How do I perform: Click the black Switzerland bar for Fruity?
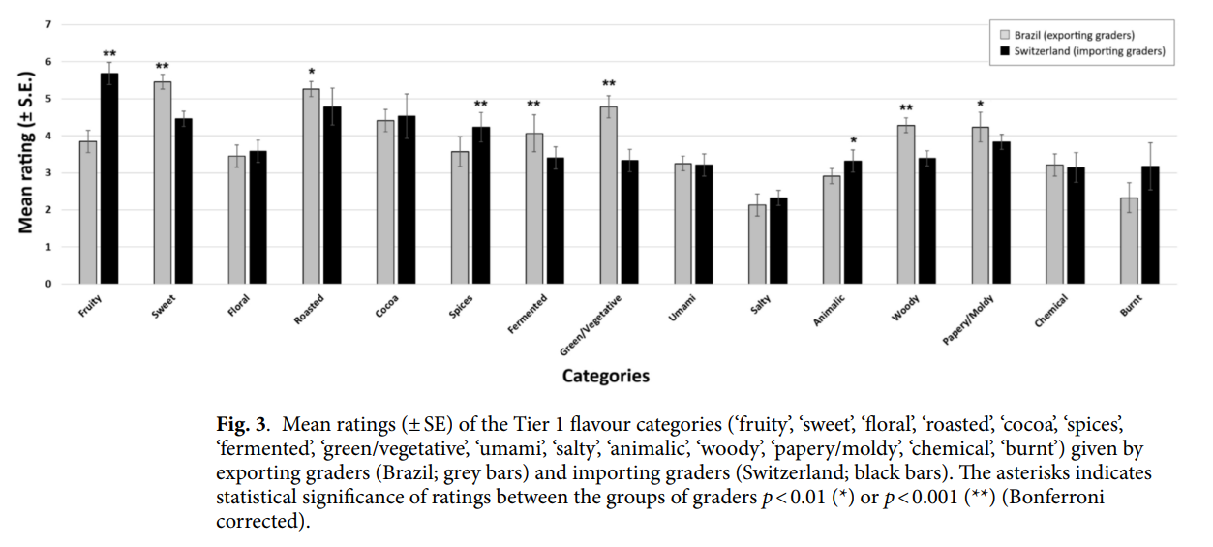[x=109, y=178]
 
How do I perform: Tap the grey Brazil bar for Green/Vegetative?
[x=609, y=195]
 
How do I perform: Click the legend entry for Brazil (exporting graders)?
[x=1075, y=35]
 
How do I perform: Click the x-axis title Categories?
[x=606, y=376]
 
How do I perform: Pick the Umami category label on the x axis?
[x=682, y=308]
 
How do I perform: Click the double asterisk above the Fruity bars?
[x=109, y=54]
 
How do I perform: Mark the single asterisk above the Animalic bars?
[x=853, y=140]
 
